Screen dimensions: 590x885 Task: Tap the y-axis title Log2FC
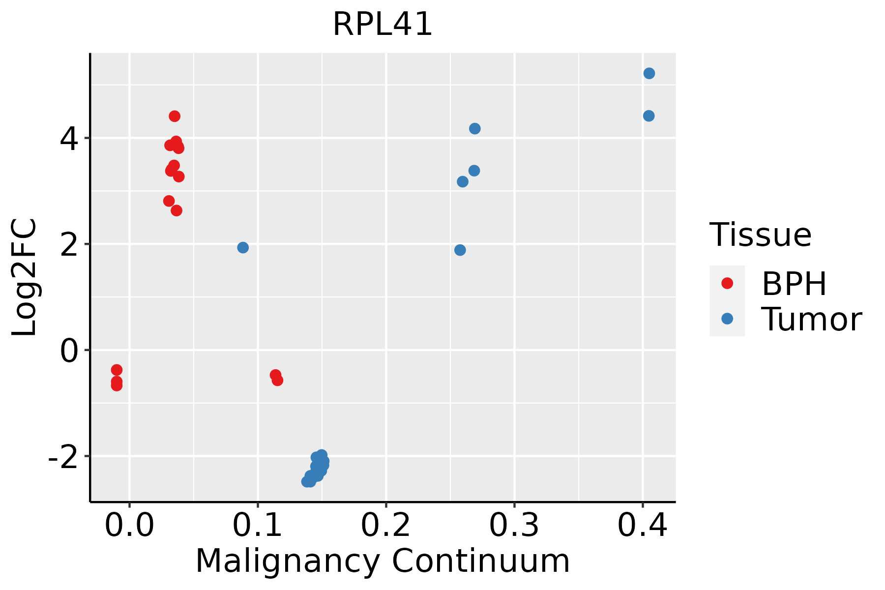click(25, 278)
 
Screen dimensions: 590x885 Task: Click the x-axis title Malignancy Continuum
click(383, 561)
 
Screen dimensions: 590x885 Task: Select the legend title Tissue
click(760, 235)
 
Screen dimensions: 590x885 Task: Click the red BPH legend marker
click(727, 283)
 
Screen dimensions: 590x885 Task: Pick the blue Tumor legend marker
click(727, 319)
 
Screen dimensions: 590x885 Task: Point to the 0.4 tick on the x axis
click(642, 526)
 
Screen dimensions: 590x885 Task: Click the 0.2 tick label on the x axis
click(386, 526)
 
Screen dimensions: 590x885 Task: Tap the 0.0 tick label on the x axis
click(129, 526)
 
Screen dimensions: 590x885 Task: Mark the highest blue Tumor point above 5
click(649, 73)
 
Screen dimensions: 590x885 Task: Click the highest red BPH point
click(175, 116)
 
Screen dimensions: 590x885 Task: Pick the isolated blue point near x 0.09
click(243, 247)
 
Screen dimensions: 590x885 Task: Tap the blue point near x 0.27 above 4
click(474, 128)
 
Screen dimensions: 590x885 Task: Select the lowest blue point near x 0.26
click(460, 250)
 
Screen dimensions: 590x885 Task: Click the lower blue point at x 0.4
click(649, 116)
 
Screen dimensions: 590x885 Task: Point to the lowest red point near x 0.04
click(176, 210)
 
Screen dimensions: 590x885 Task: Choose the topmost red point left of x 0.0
click(117, 370)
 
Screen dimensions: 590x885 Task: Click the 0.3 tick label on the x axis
click(514, 526)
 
